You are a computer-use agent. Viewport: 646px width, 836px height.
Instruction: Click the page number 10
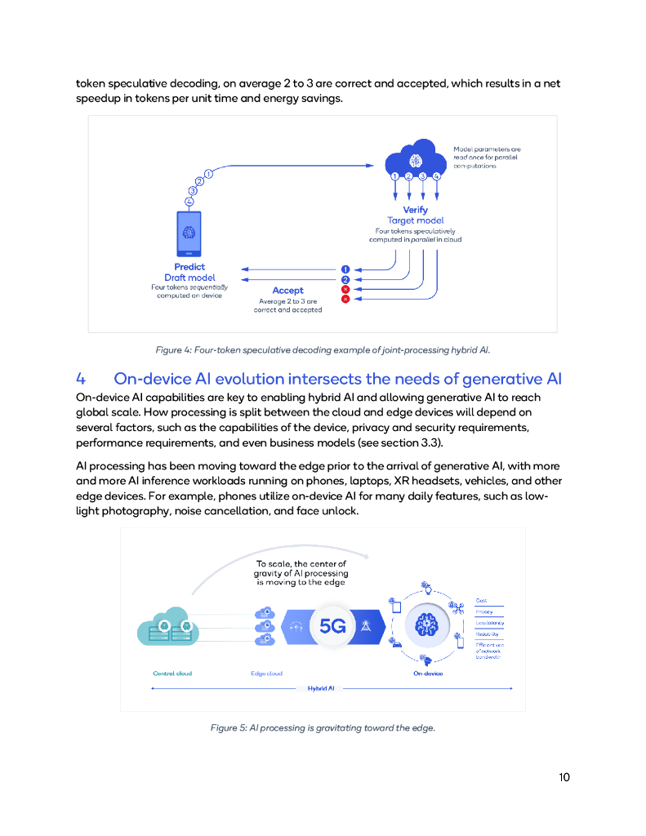(564, 776)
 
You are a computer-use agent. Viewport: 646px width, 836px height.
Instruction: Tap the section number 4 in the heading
(81, 379)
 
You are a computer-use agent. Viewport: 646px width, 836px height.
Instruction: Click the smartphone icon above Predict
(189, 234)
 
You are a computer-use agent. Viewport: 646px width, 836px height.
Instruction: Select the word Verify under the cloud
(415, 210)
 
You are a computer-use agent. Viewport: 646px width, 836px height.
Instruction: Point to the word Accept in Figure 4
(287, 290)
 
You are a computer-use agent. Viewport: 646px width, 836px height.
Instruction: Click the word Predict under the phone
(189, 267)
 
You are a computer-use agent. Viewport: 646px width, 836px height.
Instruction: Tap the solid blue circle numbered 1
(345, 269)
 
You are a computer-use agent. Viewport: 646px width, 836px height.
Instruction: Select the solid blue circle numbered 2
(345, 279)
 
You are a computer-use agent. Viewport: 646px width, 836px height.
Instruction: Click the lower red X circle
(345, 300)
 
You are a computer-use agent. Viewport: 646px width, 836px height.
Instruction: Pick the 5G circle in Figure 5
(332, 626)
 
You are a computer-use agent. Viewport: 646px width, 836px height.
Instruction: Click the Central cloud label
(172, 674)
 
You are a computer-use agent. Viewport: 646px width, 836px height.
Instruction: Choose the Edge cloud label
(266, 674)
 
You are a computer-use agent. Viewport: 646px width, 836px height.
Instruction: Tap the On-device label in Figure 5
(428, 674)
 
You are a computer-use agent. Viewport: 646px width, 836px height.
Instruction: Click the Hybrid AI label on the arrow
(321, 688)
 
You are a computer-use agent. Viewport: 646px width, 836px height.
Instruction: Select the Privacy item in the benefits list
(484, 611)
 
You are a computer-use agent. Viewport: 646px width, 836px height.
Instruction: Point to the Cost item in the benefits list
(482, 600)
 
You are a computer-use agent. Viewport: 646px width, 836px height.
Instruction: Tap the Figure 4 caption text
(323, 350)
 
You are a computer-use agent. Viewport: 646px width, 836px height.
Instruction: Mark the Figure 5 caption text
(323, 727)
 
